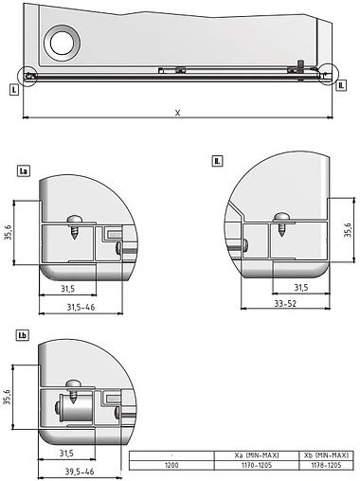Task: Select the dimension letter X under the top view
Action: click(x=177, y=112)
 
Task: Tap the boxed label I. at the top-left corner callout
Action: click(x=14, y=90)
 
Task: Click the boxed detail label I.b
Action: click(x=24, y=334)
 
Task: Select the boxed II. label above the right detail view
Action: click(x=217, y=162)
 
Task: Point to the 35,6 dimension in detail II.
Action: click(x=349, y=231)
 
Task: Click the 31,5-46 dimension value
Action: click(x=81, y=307)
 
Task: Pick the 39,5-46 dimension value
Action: click(x=81, y=471)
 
